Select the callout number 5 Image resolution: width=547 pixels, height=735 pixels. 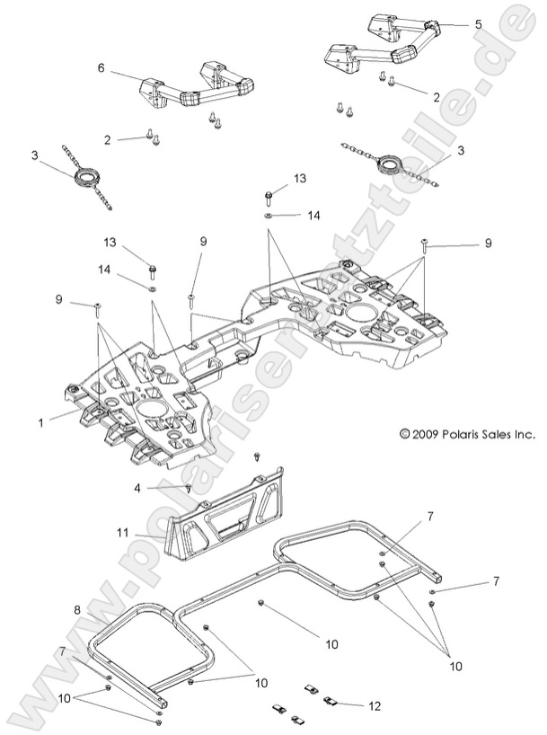478,24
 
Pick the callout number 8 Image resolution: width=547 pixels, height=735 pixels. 77,610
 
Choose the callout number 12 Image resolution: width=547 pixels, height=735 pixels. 375,705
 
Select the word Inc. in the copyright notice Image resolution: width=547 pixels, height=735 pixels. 524,433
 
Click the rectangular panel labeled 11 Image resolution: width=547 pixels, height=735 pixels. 229,517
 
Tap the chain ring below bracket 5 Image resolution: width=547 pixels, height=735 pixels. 392,163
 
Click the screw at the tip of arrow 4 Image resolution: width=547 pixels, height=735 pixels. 188,488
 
